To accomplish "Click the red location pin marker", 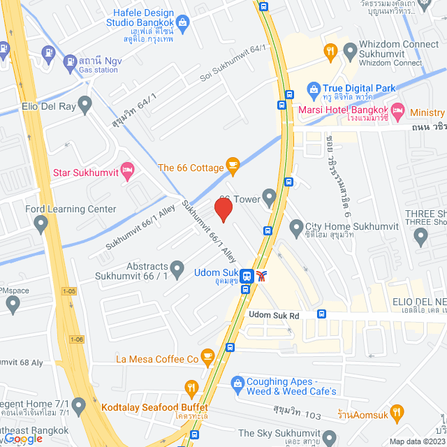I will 223,210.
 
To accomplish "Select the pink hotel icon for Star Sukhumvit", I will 127,170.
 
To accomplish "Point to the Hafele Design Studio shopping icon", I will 183,24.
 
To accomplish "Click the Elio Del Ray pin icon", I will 85,105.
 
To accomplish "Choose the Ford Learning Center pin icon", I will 41,224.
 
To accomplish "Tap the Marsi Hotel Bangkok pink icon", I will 397,110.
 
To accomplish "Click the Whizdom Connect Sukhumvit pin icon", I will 349,50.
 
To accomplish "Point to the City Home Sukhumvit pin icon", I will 295,227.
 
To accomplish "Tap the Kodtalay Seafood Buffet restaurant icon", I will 191,388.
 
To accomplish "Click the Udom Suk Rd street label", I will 274,316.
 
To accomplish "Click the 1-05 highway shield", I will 68,290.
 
